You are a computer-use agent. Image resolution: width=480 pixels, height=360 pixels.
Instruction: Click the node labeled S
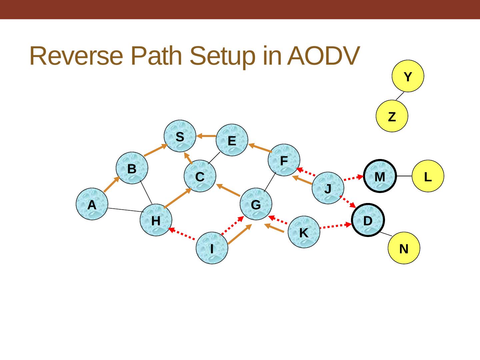(x=180, y=136)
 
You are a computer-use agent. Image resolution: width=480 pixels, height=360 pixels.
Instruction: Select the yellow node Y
(x=408, y=76)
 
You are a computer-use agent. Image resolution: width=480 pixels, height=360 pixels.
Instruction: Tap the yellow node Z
(x=392, y=116)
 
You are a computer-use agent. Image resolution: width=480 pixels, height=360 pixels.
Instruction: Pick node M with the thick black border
(x=379, y=176)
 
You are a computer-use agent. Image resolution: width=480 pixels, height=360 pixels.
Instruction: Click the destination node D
(x=368, y=220)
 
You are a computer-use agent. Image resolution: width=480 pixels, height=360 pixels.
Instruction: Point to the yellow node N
(x=404, y=248)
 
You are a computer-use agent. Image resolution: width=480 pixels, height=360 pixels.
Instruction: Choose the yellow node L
(x=428, y=176)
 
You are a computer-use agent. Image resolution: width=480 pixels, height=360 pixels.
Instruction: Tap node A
(x=92, y=205)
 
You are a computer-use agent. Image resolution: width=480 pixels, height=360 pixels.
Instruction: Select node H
(x=156, y=220)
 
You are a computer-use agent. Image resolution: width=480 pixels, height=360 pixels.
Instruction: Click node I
(x=212, y=248)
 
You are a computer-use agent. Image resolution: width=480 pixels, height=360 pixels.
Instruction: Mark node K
(x=304, y=232)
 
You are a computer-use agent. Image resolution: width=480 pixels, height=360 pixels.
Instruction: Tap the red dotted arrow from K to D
(x=336, y=226)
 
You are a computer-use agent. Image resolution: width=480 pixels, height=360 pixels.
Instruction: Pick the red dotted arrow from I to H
(x=182, y=234)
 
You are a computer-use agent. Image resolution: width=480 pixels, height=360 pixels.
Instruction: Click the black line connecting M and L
(x=404, y=176)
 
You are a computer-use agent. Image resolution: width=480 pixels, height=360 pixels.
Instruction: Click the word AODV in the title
(x=323, y=56)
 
